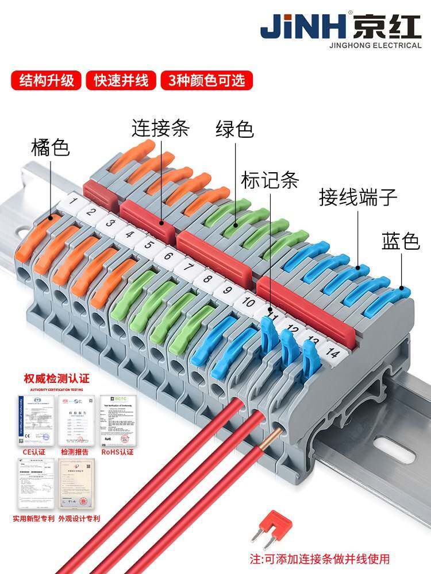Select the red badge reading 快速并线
[121, 80]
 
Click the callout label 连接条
[160, 127]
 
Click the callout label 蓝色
[401, 242]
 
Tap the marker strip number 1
[73, 201]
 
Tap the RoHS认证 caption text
[117, 452]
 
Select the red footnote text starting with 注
[320, 558]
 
